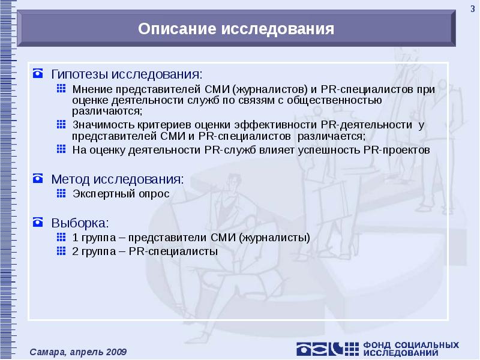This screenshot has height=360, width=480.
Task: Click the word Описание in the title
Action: tap(178, 29)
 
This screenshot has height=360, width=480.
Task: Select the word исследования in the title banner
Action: tap(277, 29)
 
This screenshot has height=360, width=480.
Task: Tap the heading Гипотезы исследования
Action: tap(127, 74)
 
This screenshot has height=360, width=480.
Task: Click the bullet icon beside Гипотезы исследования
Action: tap(38, 74)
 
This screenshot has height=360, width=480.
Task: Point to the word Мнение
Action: tap(94, 89)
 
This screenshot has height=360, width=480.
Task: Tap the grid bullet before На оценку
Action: tap(61, 150)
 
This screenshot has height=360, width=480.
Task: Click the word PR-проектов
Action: tap(397, 150)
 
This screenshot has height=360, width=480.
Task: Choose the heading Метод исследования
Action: tap(117, 179)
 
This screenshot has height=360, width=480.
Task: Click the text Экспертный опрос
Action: tap(121, 194)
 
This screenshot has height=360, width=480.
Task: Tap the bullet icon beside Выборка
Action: tap(38, 223)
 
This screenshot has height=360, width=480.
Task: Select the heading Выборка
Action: tap(79, 223)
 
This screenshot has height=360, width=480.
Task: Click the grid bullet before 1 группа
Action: tap(61, 238)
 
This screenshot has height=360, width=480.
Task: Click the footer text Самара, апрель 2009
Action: tap(77, 350)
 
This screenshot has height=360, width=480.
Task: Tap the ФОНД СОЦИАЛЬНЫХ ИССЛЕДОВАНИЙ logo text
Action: tap(411, 349)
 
